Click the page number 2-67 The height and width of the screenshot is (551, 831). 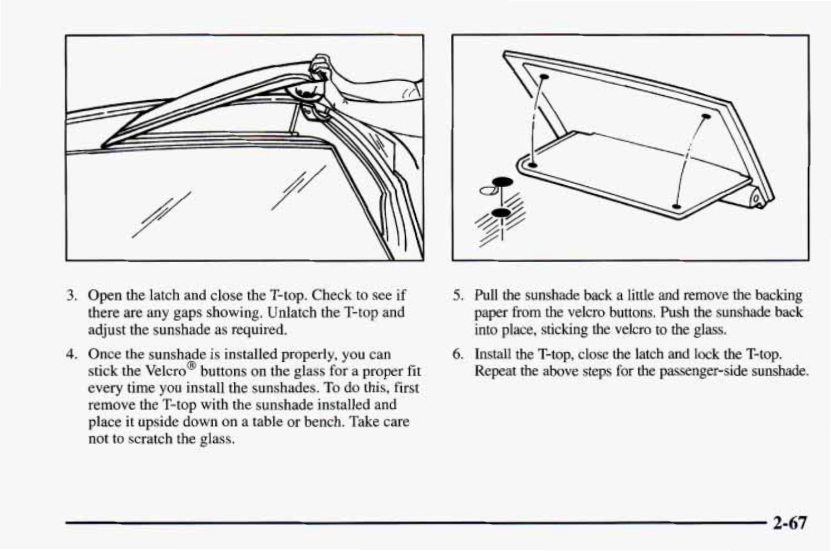tap(789, 523)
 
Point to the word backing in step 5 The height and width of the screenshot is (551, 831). tap(780, 295)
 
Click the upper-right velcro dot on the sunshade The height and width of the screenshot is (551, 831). tap(706, 116)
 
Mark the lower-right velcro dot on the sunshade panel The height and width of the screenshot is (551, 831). tap(676, 206)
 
